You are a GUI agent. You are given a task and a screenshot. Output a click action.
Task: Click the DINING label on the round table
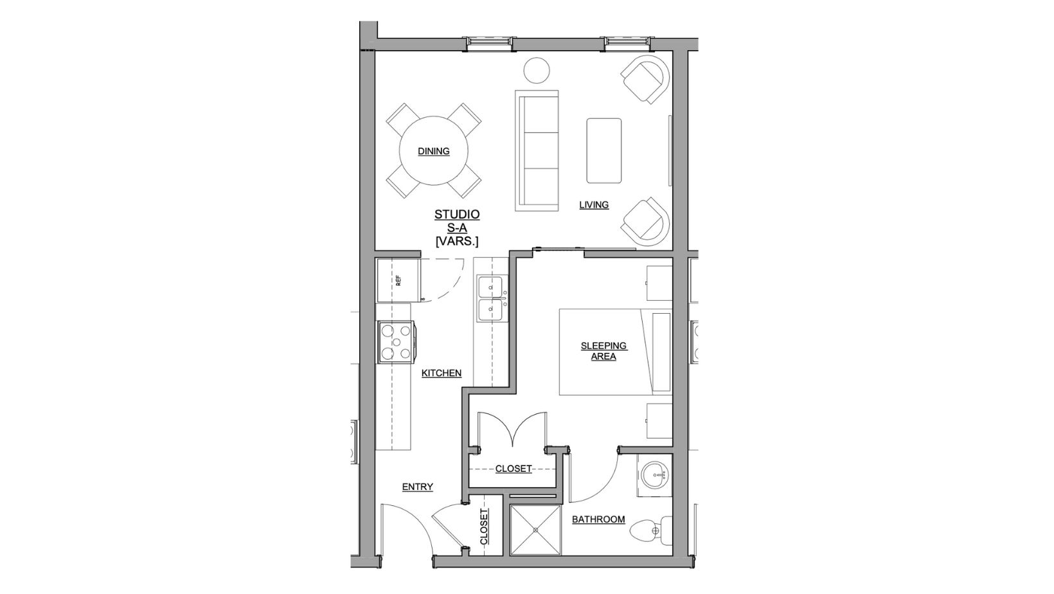click(x=434, y=152)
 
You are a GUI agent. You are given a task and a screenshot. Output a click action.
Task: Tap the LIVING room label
click(x=594, y=205)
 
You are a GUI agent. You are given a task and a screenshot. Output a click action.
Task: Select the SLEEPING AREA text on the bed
click(x=603, y=351)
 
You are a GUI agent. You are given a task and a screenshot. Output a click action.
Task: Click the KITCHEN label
click(x=442, y=373)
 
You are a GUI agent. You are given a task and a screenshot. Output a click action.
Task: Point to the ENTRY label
click(x=418, y=487)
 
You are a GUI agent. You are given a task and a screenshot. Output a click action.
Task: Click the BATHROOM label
click(x=598, y=519)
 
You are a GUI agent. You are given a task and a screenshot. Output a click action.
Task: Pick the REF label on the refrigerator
click(x=398, y=280)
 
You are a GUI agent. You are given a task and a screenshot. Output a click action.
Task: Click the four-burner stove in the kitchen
click(x=395, y=342)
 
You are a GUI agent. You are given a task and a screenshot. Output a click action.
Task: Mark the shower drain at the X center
click(x=535, y=530)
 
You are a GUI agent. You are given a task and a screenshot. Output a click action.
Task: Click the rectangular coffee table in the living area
click(x=603, y=150)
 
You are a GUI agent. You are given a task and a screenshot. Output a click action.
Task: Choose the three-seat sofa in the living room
click(x=537, y=150)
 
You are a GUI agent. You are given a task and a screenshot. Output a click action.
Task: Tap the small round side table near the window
click(x=535, y=69)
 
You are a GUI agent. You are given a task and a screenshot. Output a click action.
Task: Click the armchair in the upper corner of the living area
click(x=645, y=79)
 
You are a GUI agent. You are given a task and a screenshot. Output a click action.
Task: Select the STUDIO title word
click(x=457, y=215)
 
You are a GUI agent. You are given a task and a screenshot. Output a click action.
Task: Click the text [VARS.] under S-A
click(x=457, y=241)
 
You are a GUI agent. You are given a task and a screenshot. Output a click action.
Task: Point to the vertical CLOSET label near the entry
click(x=484, y=527)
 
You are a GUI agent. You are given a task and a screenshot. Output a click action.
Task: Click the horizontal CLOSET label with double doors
click(x=514, y=469)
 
